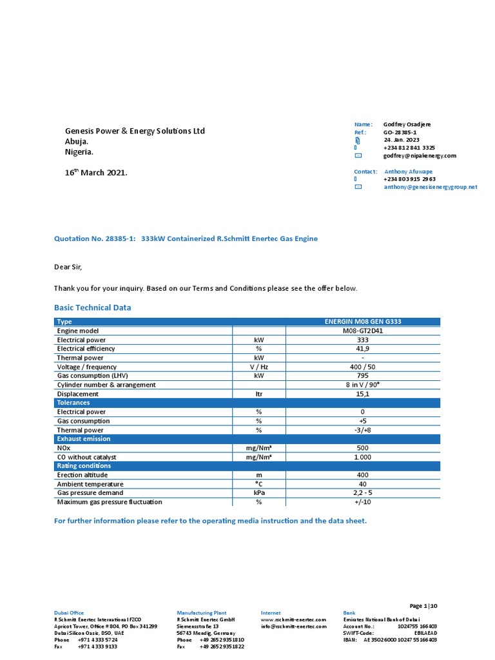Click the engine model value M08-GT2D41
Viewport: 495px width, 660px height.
[x=363, y=331]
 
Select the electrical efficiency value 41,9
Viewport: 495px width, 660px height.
[x=363, y=349]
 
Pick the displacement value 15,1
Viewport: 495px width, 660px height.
[x=363, y=394]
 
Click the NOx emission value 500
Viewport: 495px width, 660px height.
[x=363, y=448]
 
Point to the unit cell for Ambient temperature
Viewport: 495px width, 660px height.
[x=259, y=484]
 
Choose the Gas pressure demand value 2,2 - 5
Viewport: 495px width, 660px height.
[x=363, y=493]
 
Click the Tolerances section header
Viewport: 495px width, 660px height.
[x=73, y=403]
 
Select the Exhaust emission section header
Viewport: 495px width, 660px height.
[x=83, y=439]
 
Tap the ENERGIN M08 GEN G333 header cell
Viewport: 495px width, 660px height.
[x=363, y=322]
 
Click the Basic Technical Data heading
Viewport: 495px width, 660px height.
[x=92, y=308]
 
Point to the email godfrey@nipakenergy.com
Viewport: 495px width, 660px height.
[x=420, y=156]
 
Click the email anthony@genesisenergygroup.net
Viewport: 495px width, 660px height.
[x=431, y=187]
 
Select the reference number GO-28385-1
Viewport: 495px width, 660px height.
[x=400, y=132]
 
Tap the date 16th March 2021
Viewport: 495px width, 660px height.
[x=96, y=173]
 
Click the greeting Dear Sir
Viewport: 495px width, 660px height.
[x=67, y=267]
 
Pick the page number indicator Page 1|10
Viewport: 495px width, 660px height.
[x=423, y=606]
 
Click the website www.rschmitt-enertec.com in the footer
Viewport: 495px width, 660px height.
[x=293, y=619]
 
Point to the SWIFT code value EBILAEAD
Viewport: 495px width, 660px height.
[x=425, y=633]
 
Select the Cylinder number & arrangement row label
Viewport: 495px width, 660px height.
[x=106, y=385]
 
